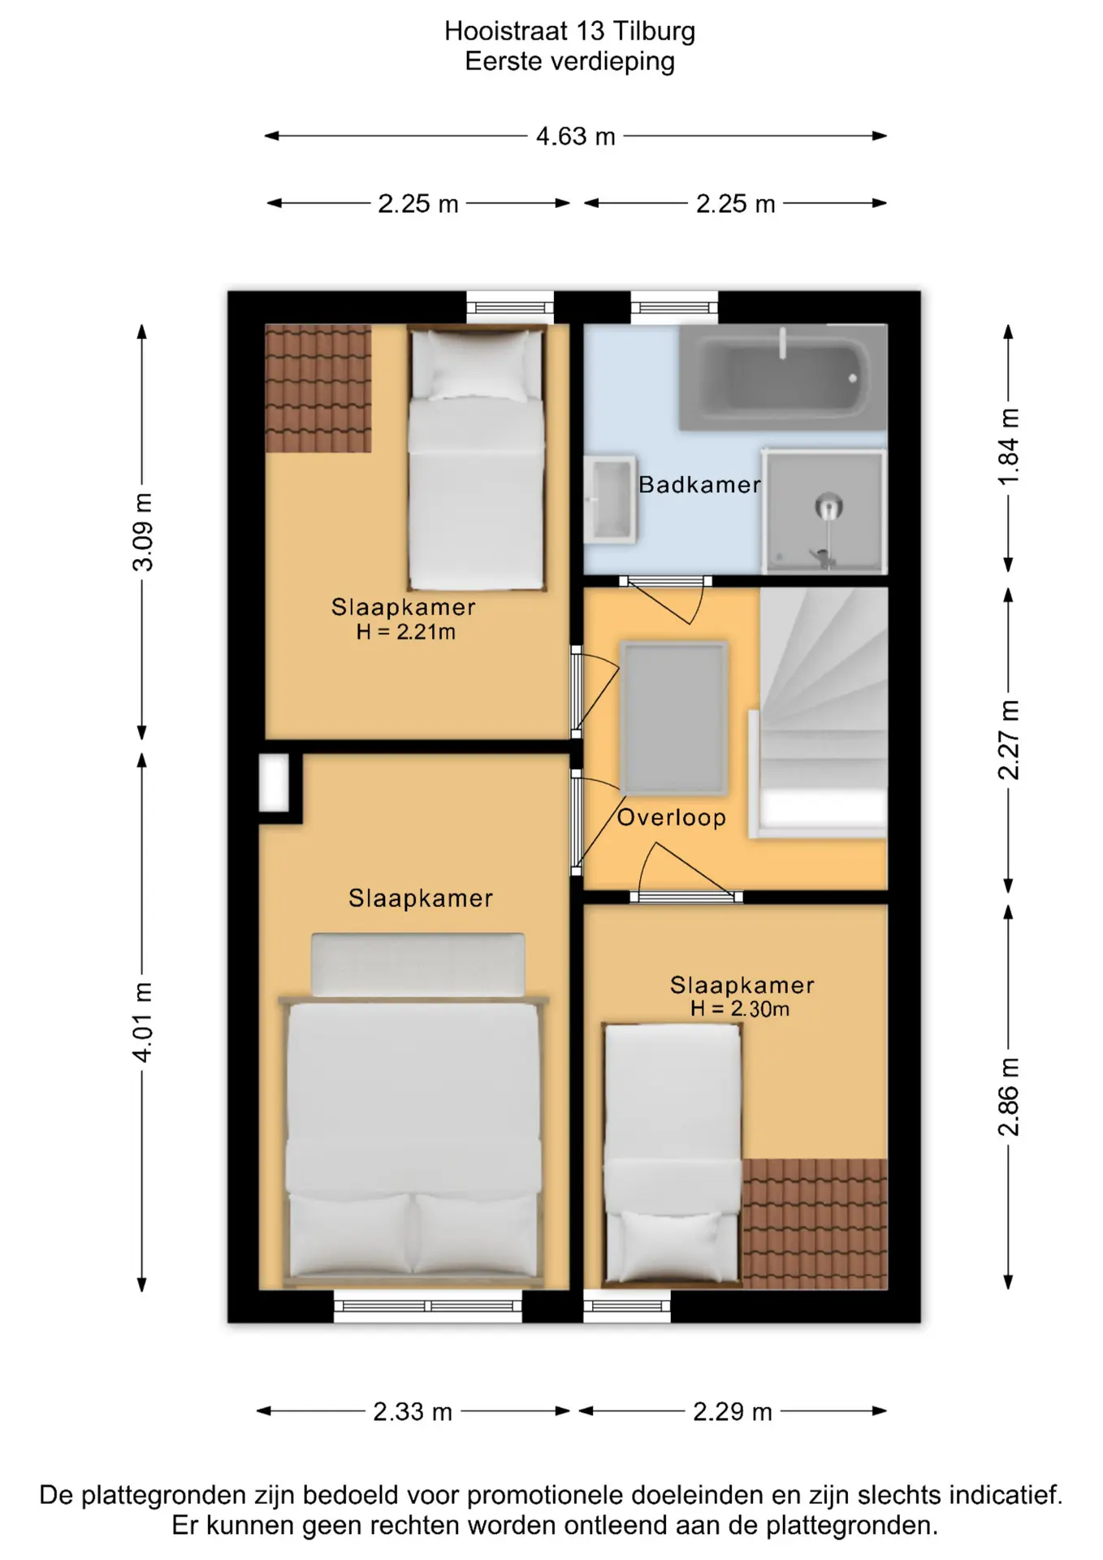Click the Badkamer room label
click(x=699, y=485)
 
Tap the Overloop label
click(x=672, y=817)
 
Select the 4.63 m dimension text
click(x=576, y=136)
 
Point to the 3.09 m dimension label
click(x=143, y=532)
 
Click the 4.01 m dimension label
click(x=143, y=1022)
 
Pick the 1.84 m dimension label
click(x=1008, y=447)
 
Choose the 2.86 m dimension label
click(x=1008, y=1097)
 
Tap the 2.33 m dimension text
click(x=413, y=1411)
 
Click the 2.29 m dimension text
click(x=733, y=1411)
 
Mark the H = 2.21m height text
click(x=406, y=631)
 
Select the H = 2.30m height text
click(x=740, y=1009)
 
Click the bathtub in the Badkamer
click(x=782, y=377)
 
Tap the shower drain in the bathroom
click(x=828, y=507)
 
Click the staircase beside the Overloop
click(x=823, y=712)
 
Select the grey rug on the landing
click(x=673, y=718)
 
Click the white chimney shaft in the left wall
click(x=274, y=783)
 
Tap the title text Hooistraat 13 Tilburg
click(x=569, y=31)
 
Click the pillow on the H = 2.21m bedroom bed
click(x=477, y=365)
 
